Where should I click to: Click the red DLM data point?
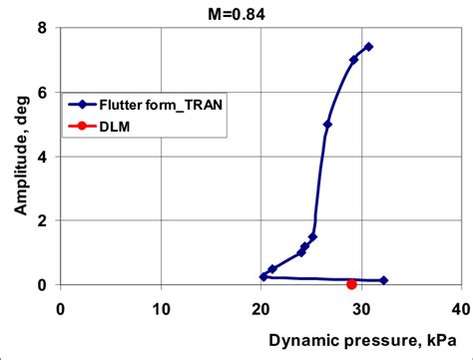[x=351, y=284]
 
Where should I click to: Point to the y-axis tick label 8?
[x=42, y=28]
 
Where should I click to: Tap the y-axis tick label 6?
[x=42, y=92]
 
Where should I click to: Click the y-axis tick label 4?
[x=42, y=157]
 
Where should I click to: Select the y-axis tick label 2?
[x=42, y=220]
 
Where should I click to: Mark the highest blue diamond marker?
[x=368, y=47]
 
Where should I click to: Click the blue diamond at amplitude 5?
[x=327, y=124]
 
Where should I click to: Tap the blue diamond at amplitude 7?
[x=353, y=60]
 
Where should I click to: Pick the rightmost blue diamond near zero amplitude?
[x=383, y=280]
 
